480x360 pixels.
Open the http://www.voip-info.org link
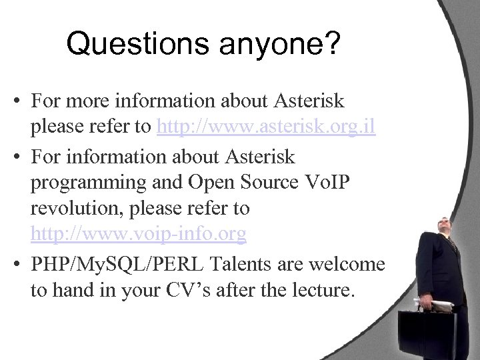[138, 234]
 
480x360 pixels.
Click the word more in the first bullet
[84, 102]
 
